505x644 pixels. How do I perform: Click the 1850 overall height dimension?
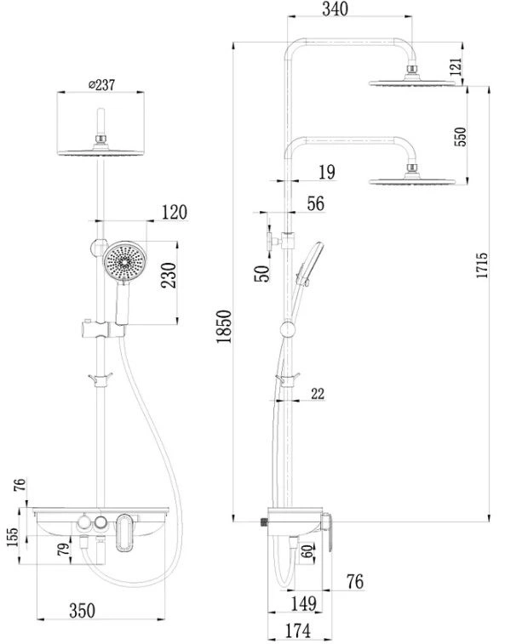coord(225,326)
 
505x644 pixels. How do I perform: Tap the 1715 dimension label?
coord(482,265)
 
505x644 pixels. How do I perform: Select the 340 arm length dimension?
coord(335,9)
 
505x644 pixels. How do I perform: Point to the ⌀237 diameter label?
coord(102,85)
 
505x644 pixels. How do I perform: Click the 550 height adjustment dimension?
coord(461,136)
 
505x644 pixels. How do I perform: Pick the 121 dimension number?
coord(456,66)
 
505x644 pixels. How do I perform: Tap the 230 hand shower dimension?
coord(169,275)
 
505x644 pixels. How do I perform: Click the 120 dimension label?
coord(175,213)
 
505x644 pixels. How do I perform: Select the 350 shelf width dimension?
coord(83,610)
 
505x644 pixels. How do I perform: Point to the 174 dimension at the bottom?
coord(298,631)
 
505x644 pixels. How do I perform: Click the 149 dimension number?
coord(304,603)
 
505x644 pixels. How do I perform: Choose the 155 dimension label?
coord(13,537)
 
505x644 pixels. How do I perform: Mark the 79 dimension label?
coord(63,549)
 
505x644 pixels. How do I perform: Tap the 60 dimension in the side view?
coord(307,550)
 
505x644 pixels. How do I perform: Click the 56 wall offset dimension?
coord(315,203)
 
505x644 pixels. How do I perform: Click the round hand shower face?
coord(123,260)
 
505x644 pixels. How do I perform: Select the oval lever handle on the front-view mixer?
coord(123,533)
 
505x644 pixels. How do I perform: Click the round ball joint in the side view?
coord(287,329)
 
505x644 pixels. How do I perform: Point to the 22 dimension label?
coord(318,394)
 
